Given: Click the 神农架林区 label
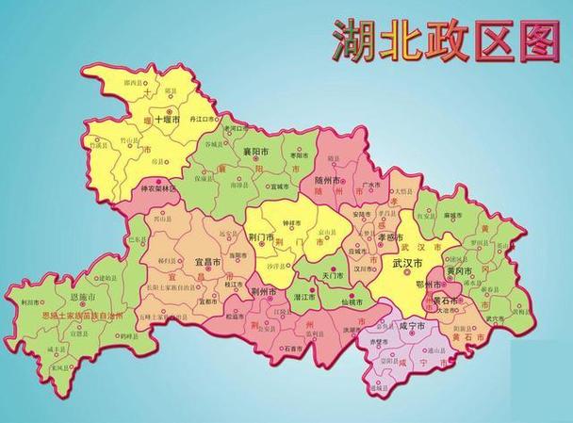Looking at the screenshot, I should pyautogui.click(x=157, y=187).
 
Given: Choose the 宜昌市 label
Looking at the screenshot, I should pyautogui.click(x=207, y=262).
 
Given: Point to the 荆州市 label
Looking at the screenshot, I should pyautogui.click(x=263, y=293).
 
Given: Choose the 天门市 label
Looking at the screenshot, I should pyautogui.click(x=333, y=276).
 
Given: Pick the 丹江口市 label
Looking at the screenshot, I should pyautogui.click(x=204, y=121).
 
